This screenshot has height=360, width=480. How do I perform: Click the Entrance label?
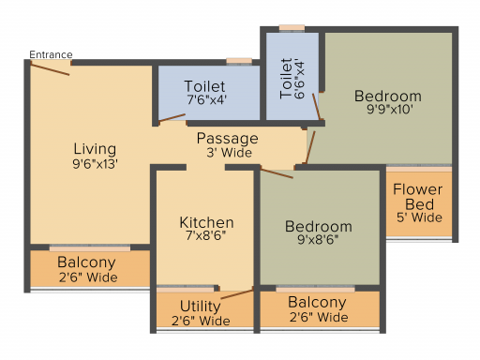51,54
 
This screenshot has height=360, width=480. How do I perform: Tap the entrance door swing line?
50,69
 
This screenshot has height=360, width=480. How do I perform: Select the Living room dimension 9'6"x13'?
95,164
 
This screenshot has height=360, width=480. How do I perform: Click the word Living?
95,149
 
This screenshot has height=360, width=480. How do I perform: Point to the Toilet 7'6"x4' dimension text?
206,99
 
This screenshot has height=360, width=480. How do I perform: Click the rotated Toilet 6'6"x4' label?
292,79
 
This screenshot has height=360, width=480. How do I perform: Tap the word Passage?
228,139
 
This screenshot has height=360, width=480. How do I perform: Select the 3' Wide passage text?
229,153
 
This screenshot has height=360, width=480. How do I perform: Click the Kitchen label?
206,222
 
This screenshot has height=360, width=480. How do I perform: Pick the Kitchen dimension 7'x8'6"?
206,235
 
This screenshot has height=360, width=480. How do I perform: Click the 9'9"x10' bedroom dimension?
390,110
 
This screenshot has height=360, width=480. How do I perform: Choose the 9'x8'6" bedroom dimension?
318,239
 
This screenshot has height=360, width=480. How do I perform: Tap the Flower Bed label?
418,197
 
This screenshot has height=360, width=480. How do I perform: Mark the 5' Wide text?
419,217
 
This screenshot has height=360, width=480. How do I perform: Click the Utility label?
201,307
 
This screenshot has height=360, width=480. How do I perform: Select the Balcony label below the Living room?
86,262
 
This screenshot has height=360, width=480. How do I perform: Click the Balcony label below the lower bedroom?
317,302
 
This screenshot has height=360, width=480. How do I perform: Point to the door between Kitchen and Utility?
237,294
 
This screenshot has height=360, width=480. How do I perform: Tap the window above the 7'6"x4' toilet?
239,61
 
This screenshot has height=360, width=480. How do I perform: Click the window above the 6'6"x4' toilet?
292,28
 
